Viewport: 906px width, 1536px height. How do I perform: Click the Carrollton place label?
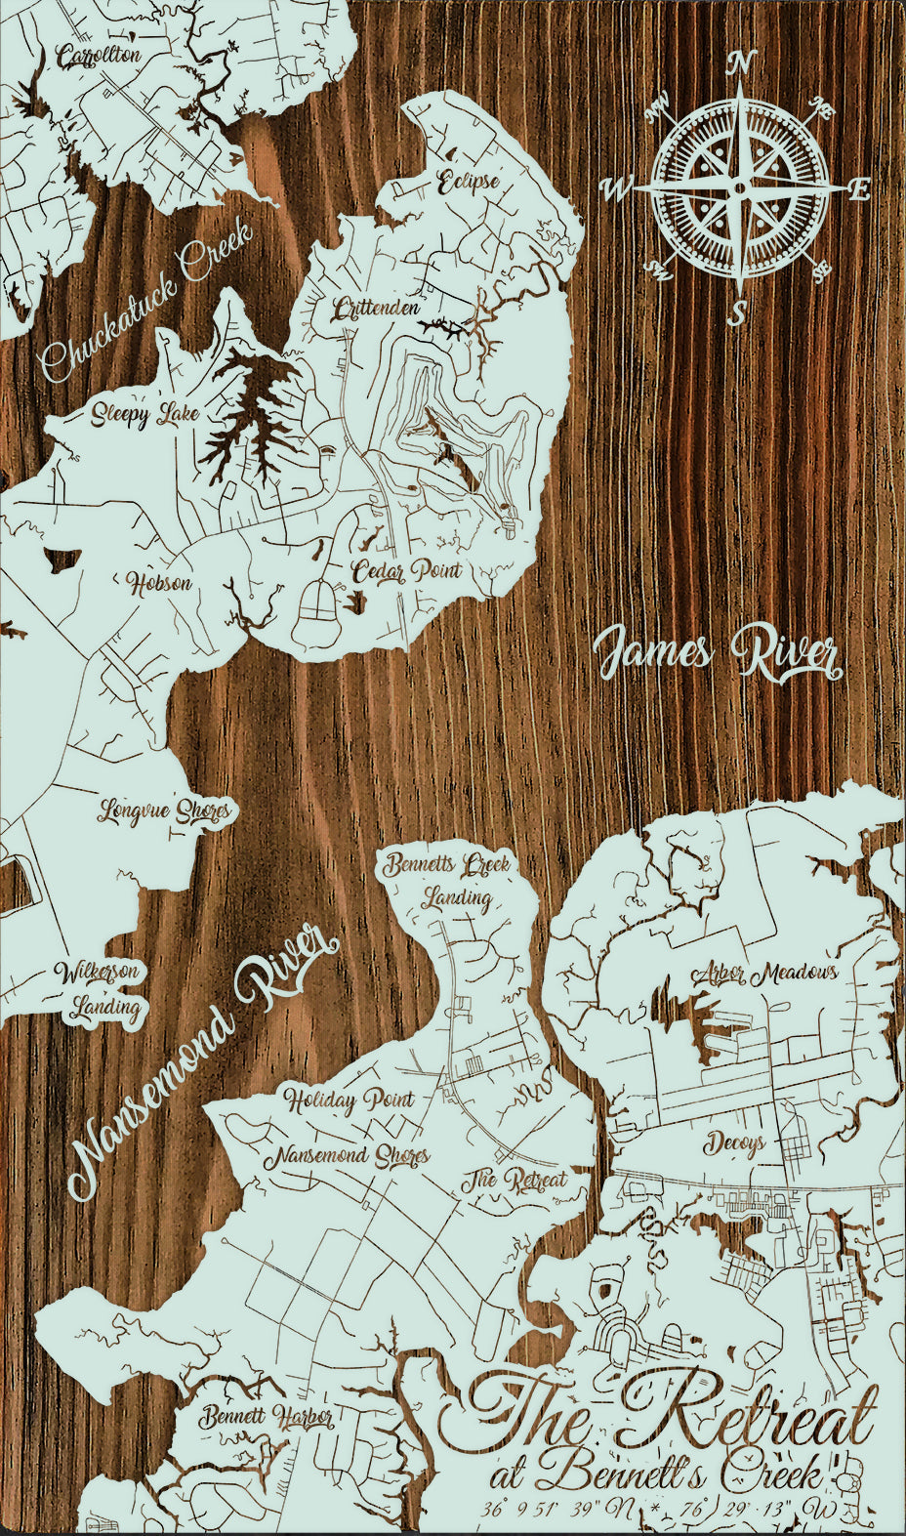click(x=99, y=57)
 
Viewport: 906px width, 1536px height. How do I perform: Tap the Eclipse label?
click(x=469, y=182)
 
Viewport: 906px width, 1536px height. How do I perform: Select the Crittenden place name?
click(x=376, y=310)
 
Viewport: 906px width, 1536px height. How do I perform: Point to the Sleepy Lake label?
click(x=145, y=415)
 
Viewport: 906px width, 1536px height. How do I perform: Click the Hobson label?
click(x=160, y=584)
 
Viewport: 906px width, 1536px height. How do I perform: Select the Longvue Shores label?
click(x=165, y=811)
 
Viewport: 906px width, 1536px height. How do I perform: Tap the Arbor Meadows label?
click(x=765, y=974)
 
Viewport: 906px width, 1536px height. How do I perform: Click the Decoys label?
click(x=734, y=1142)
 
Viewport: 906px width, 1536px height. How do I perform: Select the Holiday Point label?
click(x=350, y=1100)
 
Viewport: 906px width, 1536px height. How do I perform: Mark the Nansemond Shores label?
click(x=348, y=1157)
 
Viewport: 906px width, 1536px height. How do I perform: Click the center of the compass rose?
click(x=740, y=187)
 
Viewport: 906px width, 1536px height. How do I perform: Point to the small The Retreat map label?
click(x=515, y=1179)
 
